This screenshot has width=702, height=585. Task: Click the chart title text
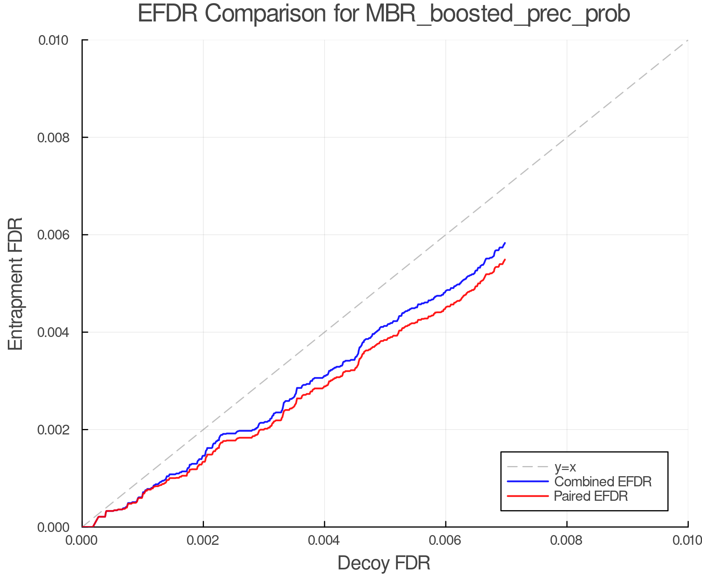coord(384,14)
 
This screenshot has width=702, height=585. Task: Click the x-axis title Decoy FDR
coord(384,563)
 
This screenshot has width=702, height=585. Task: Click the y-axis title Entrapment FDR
coord(16,284)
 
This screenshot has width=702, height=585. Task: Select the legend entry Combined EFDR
coord(603,482)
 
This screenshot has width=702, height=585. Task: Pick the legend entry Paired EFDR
coord(590,496)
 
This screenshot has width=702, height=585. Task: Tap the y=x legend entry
coord(565,467)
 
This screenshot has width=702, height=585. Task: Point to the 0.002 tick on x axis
coord(203,541)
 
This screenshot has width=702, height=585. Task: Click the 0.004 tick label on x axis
coord(324,541)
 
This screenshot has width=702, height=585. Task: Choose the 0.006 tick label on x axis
coord(445,541)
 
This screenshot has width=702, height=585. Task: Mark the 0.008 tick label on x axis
coord(567,541)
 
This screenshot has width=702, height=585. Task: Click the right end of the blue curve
coord(505,243)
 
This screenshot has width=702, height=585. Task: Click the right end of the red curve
coord(505,259)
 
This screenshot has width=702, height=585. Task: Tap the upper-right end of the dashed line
coord(687,41)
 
